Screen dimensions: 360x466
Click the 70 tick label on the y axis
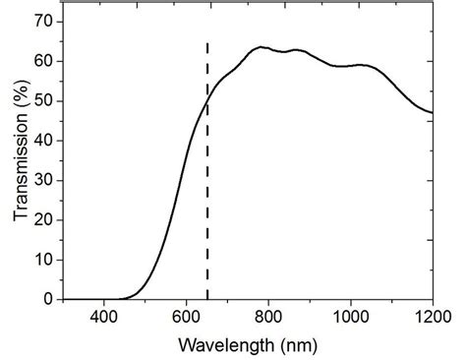[42, 21]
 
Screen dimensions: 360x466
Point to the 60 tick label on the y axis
[42, 61]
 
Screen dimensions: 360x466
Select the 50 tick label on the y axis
[42, 100]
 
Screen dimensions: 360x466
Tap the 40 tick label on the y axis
[42, 141]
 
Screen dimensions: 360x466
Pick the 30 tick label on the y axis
[42, 180]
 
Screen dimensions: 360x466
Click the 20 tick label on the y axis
[42, 219]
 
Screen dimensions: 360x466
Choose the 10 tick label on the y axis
[42, 260]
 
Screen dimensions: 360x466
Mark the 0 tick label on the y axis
[47, 299]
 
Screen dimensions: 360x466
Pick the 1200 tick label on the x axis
[431, 317]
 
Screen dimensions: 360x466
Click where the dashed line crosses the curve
[207, 99]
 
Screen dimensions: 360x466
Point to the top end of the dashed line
[207, 43]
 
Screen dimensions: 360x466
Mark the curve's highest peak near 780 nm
[261, 46]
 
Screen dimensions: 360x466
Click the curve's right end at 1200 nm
[432, 112]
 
